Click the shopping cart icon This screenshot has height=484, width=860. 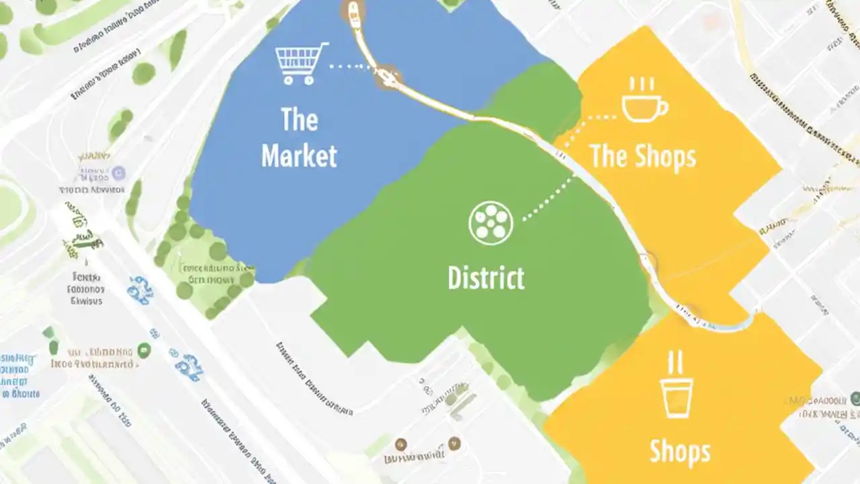click(x=300, y=63)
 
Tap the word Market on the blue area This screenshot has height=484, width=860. click(x=299, y=156)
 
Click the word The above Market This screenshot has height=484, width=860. click(x=299, y=120)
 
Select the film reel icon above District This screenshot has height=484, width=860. click(x=490, y=223)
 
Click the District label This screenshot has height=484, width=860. click(x=486, y=278)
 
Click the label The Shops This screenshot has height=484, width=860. click(x=643, y=157)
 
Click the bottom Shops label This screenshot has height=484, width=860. click(x=679, y=452)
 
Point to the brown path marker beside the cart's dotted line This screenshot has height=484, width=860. click(x=388, y=76)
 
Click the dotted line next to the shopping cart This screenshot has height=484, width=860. click(x=349, y=67)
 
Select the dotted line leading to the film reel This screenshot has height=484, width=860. click(x=547, y=200)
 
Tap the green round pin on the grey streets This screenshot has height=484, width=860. click(x=143, y=350)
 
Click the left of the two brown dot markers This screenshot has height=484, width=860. click(x=401, y=443)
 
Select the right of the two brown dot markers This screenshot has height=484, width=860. click(x=454, y=442)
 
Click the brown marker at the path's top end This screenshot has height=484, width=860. click(x=352, y=9)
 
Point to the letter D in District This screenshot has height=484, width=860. click(x=454, y=278)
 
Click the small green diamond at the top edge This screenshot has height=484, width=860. click(x=451, y=3)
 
